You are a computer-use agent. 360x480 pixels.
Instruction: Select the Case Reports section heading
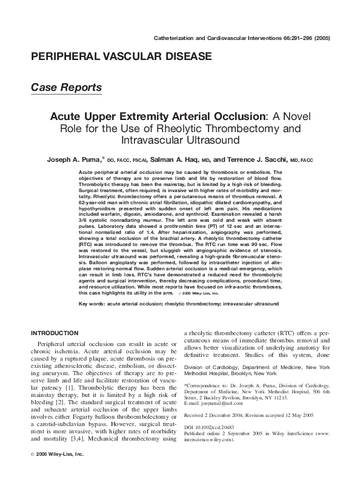(x=66, y=88)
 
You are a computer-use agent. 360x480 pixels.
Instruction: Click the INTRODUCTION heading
(x=54, y=333)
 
